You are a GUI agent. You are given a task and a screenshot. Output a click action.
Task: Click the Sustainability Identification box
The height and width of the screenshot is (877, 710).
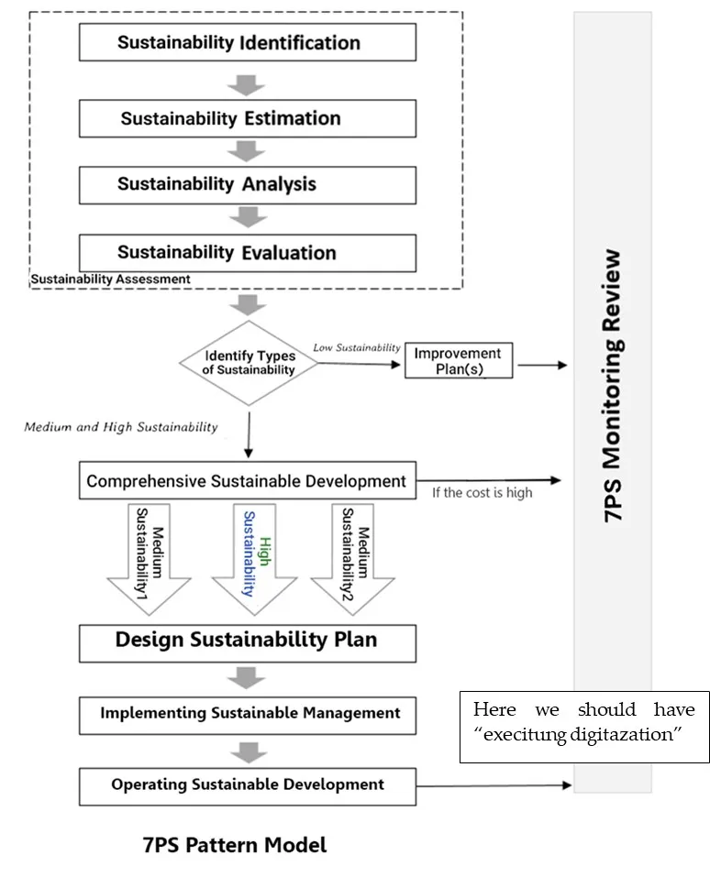pos(248,42)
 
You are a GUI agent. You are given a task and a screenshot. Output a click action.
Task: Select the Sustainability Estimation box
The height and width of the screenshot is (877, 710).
pos(248,118)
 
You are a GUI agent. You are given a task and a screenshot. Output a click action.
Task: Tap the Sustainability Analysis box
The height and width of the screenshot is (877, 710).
pos(248,184)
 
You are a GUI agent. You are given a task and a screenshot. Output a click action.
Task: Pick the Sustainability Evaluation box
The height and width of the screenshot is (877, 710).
pos(248,253)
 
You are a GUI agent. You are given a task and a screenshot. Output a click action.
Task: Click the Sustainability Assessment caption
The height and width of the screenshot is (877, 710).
pos(111,279)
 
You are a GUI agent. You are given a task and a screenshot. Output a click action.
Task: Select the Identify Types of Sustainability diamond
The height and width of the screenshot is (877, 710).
pos(250,363)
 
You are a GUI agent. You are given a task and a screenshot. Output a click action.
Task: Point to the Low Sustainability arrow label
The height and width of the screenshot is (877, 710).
pos(357,348)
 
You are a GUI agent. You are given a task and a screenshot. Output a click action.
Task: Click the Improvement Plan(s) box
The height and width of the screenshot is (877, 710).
pos(458,361)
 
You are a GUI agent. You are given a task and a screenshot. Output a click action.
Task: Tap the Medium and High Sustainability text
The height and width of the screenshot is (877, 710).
pos(121,426)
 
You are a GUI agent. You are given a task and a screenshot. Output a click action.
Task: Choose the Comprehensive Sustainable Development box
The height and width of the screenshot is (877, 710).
pos(247,481)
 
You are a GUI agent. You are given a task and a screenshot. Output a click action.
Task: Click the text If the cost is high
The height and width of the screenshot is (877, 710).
pos(482,493)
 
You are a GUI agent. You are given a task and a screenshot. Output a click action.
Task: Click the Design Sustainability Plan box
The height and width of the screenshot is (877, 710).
pos(247,641)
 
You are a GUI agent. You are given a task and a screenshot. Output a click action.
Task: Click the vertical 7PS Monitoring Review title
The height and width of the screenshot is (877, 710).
pos(613,385)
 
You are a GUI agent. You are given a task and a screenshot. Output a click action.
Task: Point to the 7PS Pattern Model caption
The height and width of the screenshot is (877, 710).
pos(235,845)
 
